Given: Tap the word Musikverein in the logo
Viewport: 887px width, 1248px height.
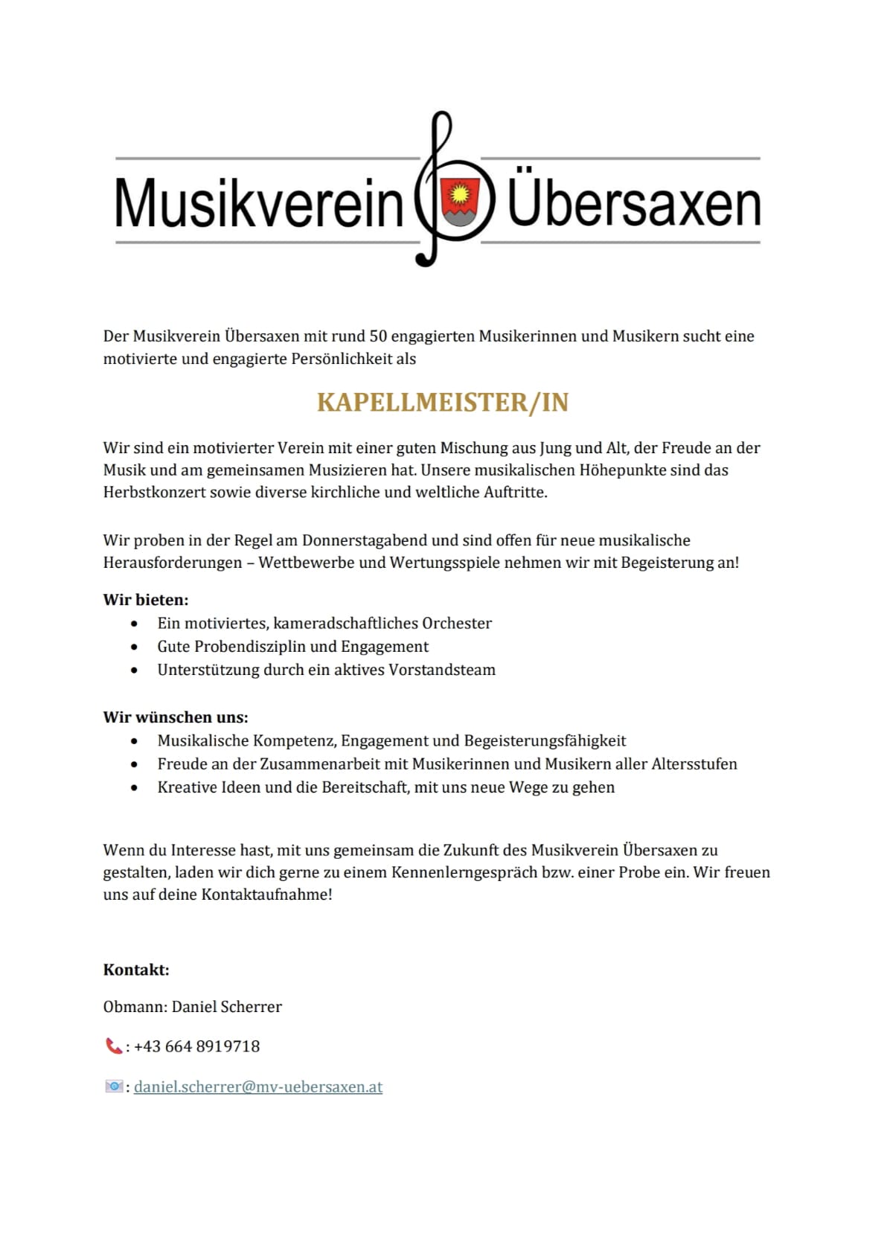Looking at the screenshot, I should (258, 204).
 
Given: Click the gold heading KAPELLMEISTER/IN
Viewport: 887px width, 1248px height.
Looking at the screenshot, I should (443, 403).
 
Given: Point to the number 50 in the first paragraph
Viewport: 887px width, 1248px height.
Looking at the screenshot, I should (377, 336).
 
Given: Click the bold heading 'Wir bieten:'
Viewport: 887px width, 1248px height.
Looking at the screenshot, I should (146, 600).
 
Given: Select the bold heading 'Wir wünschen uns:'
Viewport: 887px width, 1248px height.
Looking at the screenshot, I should (176, 717).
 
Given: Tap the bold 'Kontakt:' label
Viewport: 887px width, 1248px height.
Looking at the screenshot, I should (136, 970).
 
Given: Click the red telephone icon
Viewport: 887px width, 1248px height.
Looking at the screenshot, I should (113, 1046).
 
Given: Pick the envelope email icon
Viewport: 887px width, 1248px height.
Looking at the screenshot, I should (113, 1087).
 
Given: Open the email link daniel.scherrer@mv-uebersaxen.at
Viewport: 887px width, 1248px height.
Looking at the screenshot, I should (258, 1087).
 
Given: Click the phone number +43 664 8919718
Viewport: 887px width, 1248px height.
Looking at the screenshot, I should (197, 1046).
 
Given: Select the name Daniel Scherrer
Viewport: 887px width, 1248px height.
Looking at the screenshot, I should (227, 1007).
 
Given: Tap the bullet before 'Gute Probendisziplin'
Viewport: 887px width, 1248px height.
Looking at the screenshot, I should (134, 647).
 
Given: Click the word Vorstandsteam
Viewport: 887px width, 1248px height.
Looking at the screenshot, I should (445, 670).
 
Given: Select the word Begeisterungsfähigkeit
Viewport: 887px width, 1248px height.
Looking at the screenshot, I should (545, 740).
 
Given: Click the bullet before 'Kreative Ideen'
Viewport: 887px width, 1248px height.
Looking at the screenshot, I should (134, 787).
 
